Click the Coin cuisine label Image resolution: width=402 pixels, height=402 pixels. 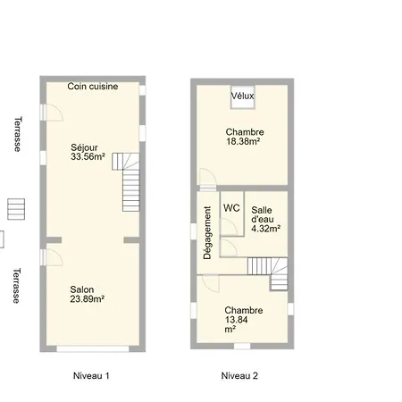93,87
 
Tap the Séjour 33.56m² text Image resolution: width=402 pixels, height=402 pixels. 88,152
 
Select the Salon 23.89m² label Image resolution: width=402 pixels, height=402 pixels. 87,294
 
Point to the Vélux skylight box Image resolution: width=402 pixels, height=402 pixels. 243,97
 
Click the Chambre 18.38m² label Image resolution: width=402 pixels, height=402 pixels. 245,137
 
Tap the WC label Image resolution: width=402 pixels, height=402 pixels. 231,208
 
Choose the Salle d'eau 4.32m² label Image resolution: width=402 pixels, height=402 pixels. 265,219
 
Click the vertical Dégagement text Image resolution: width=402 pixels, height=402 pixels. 207,233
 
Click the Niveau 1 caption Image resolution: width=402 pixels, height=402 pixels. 91,376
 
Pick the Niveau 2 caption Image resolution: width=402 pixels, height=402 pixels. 239,376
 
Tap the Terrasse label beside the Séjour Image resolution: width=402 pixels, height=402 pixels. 18,134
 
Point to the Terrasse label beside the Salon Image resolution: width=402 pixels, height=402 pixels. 17,286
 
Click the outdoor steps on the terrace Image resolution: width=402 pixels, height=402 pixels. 16,209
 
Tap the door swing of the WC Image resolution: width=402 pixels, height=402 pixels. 229,227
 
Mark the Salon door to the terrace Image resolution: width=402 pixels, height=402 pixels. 52,257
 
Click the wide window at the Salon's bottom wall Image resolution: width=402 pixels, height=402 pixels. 93,349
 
